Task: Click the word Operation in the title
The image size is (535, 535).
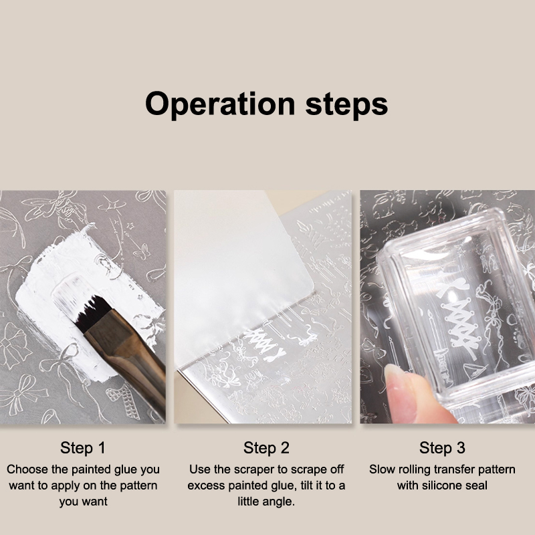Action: (220, 104)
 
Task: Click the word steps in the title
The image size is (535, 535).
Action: (346, 104)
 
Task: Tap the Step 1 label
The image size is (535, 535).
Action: (83, 447)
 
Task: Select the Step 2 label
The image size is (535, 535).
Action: (266, 447)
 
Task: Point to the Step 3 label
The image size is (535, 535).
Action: (442, 447)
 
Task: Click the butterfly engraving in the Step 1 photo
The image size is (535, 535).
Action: (142, 251)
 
